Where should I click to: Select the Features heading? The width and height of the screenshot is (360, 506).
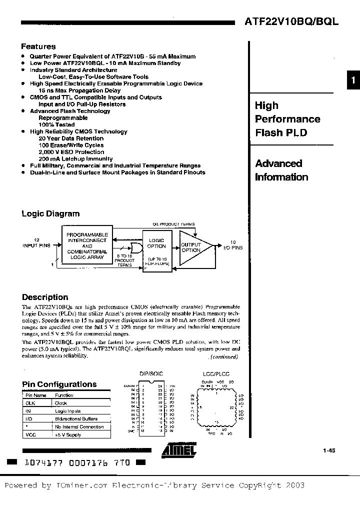[x=38, y=46]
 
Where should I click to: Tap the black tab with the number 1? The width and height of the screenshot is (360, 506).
[x=353, y=80]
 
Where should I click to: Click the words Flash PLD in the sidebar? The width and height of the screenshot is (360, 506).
[x=281, y=132]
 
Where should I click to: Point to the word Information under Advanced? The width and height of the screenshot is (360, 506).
[x=281, y=177]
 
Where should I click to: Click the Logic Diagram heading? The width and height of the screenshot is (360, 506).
[x=50, y=213]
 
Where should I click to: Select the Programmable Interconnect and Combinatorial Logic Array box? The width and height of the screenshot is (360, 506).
[x=87, y=246]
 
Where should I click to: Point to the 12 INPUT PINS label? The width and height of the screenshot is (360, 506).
[x=36, y=242]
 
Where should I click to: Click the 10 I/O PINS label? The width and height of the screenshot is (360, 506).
[x=232, y=244]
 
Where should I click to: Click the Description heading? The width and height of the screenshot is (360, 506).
[x=45, y=297]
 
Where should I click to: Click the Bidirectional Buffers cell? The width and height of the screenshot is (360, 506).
[x=76, y=418]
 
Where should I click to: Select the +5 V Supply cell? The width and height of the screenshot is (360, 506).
[x=68, y=434]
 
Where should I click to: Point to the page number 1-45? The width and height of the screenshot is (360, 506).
[x=328, y=451]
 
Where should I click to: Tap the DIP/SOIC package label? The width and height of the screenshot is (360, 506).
[x=150, y=373]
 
